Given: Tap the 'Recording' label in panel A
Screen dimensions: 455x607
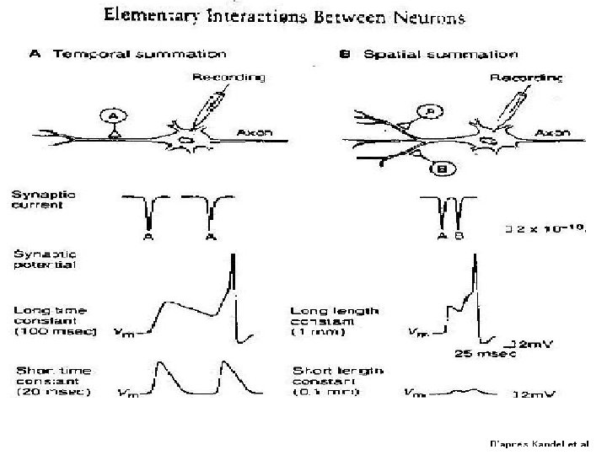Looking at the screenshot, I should pos(228,78).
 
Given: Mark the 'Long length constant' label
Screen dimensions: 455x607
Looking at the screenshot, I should pos(333,320).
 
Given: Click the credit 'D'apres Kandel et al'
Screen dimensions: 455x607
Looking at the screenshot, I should pos(540,442).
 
